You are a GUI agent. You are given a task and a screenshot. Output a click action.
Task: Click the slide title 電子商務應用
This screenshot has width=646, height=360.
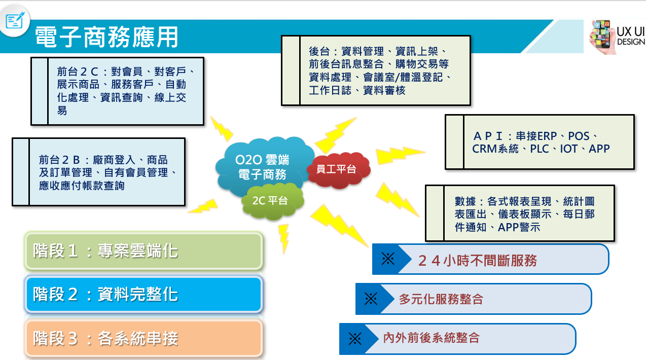[106, 37]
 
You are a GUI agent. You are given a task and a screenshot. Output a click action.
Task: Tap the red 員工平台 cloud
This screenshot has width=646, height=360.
[338, 170]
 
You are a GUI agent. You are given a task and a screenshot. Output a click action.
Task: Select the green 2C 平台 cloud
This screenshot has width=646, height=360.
[272, 201]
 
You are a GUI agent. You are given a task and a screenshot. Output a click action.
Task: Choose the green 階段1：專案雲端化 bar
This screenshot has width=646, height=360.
[143, 251]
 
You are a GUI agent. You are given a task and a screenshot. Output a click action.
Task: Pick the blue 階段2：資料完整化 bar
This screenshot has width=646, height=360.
[143, 295]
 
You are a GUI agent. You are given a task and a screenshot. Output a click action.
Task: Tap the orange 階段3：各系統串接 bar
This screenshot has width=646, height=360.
[143, 338]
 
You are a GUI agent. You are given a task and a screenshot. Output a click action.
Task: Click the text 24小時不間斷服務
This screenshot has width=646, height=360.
[477, 261]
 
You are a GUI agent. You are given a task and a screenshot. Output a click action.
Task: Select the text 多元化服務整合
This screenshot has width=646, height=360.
[441, 299]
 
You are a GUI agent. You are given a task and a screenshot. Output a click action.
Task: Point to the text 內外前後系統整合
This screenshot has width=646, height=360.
[431, 338]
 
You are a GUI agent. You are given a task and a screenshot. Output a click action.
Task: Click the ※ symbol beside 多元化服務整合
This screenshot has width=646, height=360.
[371, 299]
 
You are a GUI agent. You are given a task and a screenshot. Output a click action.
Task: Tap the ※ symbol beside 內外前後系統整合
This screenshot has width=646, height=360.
[355, 339]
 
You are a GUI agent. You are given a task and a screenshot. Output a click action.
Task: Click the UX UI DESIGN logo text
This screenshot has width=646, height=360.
[631, 36]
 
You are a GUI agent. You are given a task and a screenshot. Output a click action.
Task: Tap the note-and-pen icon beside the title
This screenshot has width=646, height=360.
[14, 20]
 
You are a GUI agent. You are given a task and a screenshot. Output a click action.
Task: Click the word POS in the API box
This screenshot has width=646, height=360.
[579, 136]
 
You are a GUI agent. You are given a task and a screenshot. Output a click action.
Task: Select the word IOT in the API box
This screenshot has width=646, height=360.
[569, 149]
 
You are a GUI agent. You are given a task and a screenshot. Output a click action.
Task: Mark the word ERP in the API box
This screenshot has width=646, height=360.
[546, 136]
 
